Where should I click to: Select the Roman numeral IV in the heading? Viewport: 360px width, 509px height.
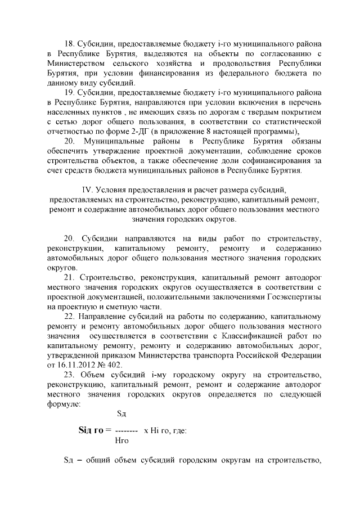[87, 191]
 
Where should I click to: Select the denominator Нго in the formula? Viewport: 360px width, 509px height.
[121, 441]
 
